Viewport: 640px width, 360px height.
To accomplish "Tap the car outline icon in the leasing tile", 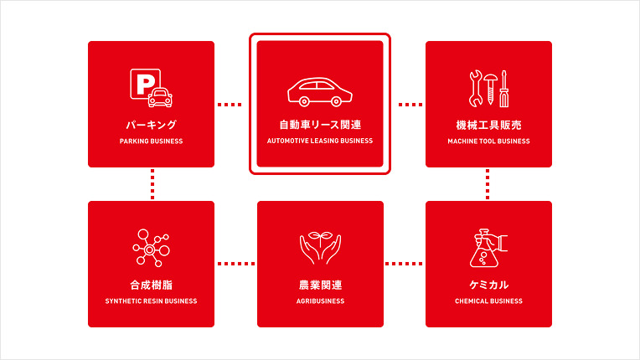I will (x=319, y=91).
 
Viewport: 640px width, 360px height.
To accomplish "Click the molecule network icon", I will (x=151, y=248).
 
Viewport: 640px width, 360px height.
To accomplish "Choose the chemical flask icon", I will (x=488, y=248).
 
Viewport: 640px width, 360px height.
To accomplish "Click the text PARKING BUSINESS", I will (x=151, y=141).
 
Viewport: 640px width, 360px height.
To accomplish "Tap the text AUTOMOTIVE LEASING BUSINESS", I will (x=320, y=141).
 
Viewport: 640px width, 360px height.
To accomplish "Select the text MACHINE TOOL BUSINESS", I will (x=488, y=141).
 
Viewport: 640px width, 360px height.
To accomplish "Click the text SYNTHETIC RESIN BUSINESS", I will (x=151, y=301).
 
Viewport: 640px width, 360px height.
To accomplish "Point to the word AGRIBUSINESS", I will (x=320, y=301).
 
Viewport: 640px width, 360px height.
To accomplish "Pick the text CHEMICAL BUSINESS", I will (x=488, y=301).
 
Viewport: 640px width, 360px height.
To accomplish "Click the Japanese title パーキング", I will (x=151, y=125).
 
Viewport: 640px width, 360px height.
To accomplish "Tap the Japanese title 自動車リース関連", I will (x=320, y=125).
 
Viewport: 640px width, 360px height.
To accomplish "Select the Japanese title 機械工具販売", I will (x=488, y=125).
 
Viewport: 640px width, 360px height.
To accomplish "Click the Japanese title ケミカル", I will (x=488, y=285).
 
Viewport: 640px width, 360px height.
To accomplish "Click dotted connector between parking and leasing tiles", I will (x=229, y=105).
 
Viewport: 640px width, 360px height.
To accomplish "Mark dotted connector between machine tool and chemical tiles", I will (x=488, y=184).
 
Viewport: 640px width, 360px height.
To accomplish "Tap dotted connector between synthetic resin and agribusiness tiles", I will (x=235, y=264).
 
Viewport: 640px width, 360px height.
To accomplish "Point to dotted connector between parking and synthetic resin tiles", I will (x=152, y=184).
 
